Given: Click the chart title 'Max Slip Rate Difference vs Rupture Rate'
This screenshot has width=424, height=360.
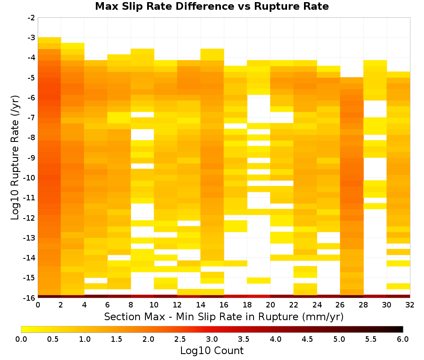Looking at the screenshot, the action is tap(212, 6).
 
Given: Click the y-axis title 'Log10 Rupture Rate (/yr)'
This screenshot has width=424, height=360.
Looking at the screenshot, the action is tap(15, 158).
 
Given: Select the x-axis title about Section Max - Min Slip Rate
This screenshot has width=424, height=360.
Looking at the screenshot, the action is tap(223, 316).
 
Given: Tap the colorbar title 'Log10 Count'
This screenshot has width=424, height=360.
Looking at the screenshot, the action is tap(212, 351).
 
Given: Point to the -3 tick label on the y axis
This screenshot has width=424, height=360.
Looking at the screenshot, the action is tap(31, 38).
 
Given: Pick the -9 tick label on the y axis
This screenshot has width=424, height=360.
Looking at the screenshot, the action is tap(31, 158).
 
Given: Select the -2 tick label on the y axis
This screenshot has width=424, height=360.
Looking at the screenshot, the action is tap(31, 18).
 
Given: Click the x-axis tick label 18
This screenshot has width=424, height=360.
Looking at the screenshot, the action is tap(247, 305).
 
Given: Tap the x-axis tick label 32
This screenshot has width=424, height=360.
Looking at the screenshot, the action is tap(410, 305).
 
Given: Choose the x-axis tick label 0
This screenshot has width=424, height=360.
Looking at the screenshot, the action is tap(38, 305).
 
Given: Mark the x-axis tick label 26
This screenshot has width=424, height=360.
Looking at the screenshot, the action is tap(340, 305).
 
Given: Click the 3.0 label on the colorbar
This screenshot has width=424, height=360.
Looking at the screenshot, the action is tap(212, 339).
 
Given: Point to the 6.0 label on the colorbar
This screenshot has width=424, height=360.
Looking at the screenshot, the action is tap(403, 339).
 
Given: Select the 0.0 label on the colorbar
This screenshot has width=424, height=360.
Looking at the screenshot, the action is tap(21, 339).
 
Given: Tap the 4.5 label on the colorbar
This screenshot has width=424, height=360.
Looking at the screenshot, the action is tap(307, 339).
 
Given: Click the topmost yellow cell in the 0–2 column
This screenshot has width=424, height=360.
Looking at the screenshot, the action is tap(50, 40).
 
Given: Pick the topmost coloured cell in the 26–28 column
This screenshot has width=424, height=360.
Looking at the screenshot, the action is tap(351, 80).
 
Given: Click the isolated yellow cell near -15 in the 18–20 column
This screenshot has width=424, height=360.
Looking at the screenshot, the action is tap(259, 281).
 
